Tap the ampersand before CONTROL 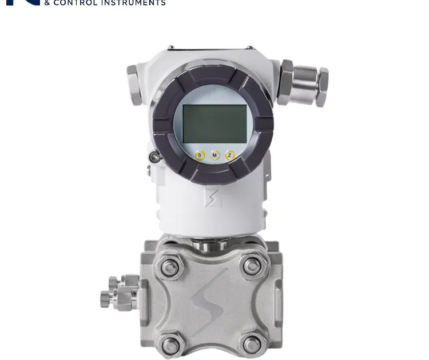pyautogui.click(x=48, y=3)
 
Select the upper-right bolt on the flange pyautogui.click(x=252, y=266)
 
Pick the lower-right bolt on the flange pyautogui.click(x=252, y=344)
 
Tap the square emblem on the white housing pyautogui.click(x=212, y=198)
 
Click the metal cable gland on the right pyautogui.click(x=303, y=83)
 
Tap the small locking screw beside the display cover pyautogui.click(x=153, y=157)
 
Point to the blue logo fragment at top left pyautogui.click(x=23, y=2)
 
